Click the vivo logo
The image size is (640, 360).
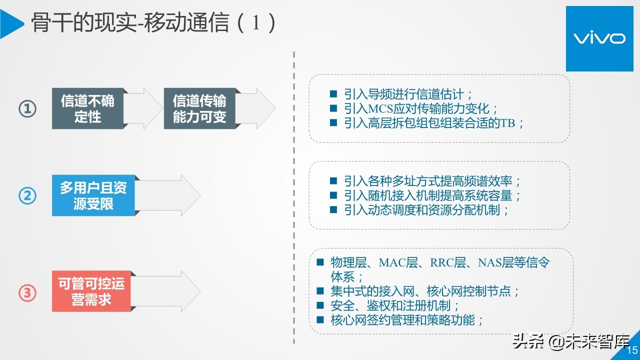click(598, 38)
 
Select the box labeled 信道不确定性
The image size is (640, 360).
click(87, 108)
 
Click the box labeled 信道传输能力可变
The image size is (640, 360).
click(199, 108)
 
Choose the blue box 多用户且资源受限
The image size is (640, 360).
click(93, 195)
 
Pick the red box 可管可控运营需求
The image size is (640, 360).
click(91, 291)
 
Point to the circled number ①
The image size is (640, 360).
click(27, 108)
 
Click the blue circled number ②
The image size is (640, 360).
click(27, 195)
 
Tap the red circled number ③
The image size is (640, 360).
click(27, 292)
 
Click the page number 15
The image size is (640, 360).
click(632, 350)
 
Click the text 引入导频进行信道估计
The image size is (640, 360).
click(408, 94)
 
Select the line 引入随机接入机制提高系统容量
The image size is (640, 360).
click(432, 195)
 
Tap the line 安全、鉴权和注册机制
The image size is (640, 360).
click(395, 305)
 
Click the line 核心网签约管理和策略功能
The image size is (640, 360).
click(407, 320)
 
